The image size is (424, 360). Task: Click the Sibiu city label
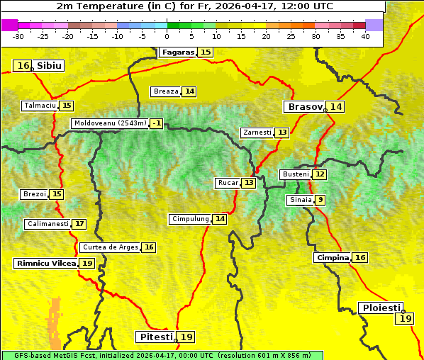pos(49,66)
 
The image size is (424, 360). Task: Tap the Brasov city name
pos(303,107)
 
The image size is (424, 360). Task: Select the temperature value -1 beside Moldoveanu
pos(156,123)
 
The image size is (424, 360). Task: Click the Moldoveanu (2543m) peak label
pos(110,123)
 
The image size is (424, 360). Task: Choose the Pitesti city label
pos(155,337)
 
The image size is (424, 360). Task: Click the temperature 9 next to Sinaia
pos(320,200)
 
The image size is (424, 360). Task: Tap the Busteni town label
pos(295,174)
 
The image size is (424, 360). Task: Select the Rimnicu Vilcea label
pos(45,263)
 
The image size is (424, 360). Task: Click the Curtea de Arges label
pos(110,247)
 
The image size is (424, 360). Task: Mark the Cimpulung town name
pos(190,219)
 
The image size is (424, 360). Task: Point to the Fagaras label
pos(177,52)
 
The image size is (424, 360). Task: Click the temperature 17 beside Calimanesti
pos(79,224)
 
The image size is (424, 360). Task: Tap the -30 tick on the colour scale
pos(18,36)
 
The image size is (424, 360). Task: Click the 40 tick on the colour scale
pos(365,36)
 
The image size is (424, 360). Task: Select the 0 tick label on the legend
pos(167,36)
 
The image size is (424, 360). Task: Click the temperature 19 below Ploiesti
pos(406,319)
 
